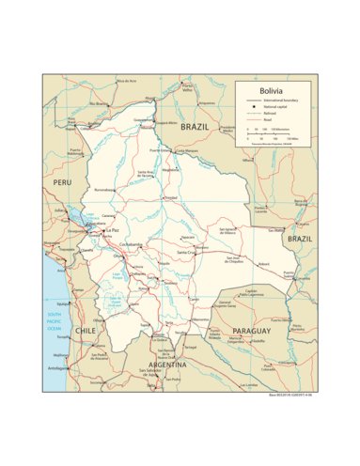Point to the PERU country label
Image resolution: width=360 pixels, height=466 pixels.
click(x=62, y=181)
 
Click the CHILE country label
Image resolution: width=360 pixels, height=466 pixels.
click(x=86, y=332)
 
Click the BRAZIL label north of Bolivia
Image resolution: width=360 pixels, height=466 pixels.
click(x=196, y=126)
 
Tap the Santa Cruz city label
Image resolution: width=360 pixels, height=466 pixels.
click(x=184, y=253)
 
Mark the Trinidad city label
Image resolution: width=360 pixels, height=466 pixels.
click(x=170, y=198)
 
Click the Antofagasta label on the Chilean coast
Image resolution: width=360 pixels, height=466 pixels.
click(x=61, y=367)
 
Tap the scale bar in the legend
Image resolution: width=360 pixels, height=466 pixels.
click(x=273, y=134)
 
